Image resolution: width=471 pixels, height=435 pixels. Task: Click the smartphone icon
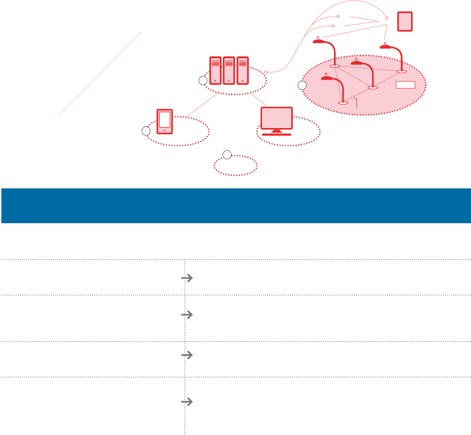point(164,121)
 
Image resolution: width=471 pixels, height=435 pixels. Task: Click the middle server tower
point(229,71)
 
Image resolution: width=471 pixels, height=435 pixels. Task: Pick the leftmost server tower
point(215,71)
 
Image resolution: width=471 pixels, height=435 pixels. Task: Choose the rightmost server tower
point(243,71)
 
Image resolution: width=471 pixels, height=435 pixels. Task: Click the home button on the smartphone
point(164,131)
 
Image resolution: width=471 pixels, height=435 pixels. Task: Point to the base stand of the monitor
point(276,134)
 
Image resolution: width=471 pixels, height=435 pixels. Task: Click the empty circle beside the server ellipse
point(203,81)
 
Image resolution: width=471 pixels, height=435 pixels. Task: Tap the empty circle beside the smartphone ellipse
point(146,132)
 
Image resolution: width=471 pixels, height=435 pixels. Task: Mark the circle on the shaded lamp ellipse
point(301,85)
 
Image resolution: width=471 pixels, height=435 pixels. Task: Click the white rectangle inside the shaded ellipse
point(405,84)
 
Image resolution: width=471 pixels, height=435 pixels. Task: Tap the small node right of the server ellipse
point(266,72)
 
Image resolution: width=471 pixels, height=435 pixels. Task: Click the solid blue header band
point(235,206)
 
